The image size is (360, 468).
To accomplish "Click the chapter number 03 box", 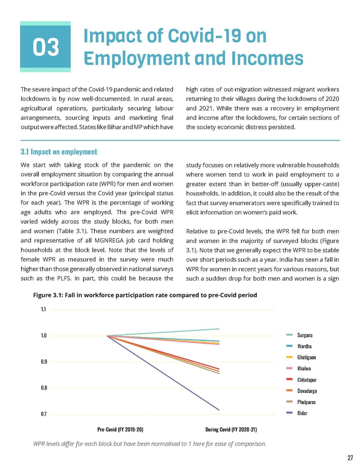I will [45, 47].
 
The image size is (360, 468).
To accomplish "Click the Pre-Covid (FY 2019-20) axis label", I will [120, 429].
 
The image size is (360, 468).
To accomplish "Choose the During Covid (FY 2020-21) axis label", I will [231, 429].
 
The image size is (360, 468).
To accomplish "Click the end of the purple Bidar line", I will [219, 410].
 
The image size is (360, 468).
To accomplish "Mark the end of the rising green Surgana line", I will [219, 329].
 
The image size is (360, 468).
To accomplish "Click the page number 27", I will [350, 458].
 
